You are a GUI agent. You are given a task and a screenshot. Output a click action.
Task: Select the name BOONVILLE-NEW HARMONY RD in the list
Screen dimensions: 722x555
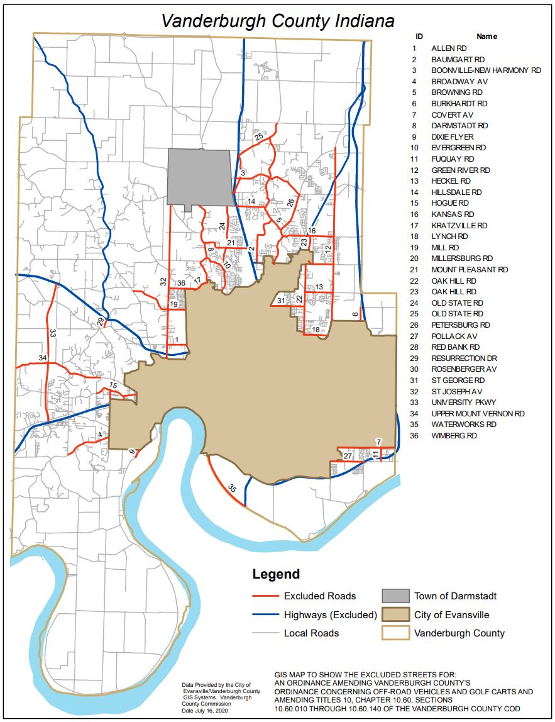[486, 70]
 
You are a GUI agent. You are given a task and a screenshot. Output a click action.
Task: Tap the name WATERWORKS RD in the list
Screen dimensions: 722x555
[463, 425]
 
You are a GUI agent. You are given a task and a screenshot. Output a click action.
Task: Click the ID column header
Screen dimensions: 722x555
[419, 36]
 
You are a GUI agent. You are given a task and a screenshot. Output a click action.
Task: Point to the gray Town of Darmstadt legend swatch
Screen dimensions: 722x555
[395, 596]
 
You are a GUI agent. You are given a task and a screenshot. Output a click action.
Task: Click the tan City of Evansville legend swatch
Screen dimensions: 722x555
[395, 614]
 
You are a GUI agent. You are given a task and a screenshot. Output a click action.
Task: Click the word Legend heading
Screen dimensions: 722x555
[276, 574]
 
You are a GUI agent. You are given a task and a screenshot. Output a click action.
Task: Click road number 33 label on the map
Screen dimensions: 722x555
[53, 333]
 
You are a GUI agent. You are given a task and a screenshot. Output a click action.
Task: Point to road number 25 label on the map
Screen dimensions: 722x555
[259, 136]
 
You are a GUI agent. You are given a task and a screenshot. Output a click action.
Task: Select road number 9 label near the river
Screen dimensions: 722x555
[132, 452]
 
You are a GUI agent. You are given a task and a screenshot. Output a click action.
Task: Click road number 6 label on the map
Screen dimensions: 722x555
[355, 314]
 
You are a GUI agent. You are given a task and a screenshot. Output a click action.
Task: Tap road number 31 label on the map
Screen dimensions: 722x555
[281, 301]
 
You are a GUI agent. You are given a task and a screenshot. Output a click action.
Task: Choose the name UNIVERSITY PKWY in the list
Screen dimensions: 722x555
[464, 403]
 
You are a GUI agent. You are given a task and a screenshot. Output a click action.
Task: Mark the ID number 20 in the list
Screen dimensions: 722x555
[415, 258]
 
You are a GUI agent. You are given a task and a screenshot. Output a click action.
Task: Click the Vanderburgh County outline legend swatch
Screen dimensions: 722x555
[395, 633]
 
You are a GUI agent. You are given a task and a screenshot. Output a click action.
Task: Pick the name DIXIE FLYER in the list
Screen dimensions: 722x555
[453, 137]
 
